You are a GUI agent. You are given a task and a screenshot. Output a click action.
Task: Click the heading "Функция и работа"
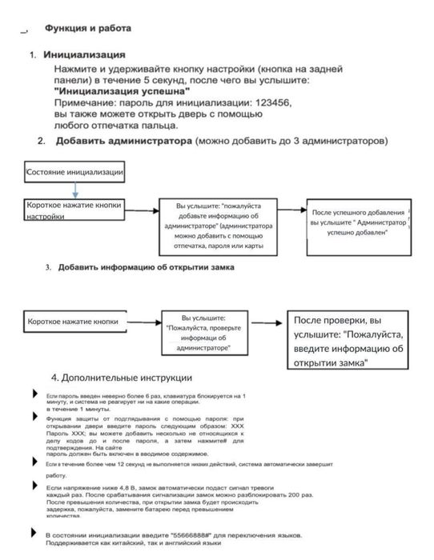click(87, 28)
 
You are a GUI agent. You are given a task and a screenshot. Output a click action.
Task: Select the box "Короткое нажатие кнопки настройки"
click(74, 210)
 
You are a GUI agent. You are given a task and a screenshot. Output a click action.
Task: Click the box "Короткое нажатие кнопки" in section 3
click(74, 322)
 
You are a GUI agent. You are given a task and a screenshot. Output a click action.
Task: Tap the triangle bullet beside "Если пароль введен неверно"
click(34, 394)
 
